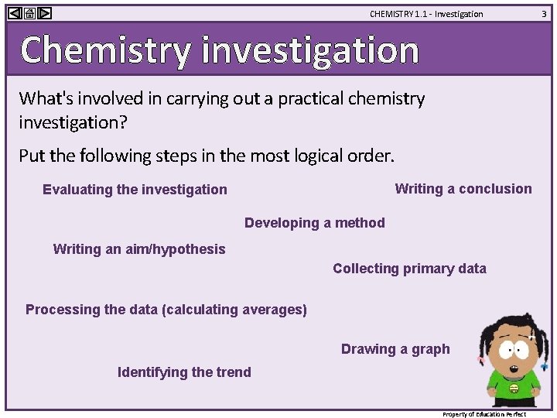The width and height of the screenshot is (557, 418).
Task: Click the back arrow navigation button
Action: [15, 13]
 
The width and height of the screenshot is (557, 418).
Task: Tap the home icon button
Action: [29, 13]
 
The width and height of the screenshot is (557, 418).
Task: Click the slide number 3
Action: [543, 13]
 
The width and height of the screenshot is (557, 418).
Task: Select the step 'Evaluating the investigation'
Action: [135, 190]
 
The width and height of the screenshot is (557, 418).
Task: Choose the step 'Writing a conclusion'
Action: [463, 189]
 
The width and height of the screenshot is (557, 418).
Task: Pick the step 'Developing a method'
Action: [314, 223]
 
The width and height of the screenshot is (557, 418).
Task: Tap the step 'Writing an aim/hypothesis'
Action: [139, 249]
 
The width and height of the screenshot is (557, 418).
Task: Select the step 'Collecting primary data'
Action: [409, 269]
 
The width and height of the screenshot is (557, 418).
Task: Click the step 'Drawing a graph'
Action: [395, 349]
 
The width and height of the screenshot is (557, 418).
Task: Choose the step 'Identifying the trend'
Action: [184, 372]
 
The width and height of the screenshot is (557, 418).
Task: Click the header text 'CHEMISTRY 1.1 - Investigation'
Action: [425, 14]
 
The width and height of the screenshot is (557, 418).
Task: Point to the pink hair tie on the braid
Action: [481, 360]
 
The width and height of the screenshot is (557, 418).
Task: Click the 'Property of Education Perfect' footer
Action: [484, 414]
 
